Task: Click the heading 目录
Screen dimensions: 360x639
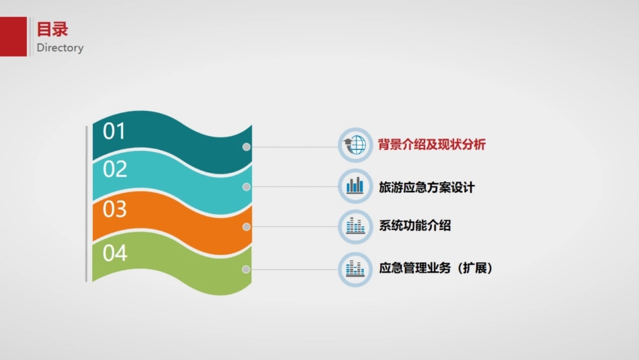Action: point(52,30)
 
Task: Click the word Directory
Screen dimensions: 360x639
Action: point(60,48)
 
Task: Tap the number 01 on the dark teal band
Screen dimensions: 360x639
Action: point(114,131)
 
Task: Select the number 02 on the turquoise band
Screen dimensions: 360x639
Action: point(115,170)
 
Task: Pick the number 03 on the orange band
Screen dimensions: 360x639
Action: point(115,209)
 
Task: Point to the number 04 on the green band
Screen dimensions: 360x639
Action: point(115,253)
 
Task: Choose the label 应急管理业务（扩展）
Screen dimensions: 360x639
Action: point(436,268)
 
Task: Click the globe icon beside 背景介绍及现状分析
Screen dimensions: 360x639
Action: point(355,145)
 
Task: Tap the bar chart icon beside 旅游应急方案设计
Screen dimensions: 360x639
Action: point(355,186)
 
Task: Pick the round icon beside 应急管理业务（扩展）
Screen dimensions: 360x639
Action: point(355,269)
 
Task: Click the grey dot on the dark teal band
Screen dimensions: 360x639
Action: point(247,147)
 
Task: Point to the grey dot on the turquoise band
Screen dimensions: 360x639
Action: point(247,187)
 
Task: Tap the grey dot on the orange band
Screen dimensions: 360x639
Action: point(247,227)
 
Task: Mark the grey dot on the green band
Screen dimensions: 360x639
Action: point(247,269)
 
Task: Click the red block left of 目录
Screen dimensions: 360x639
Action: point(13,36)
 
